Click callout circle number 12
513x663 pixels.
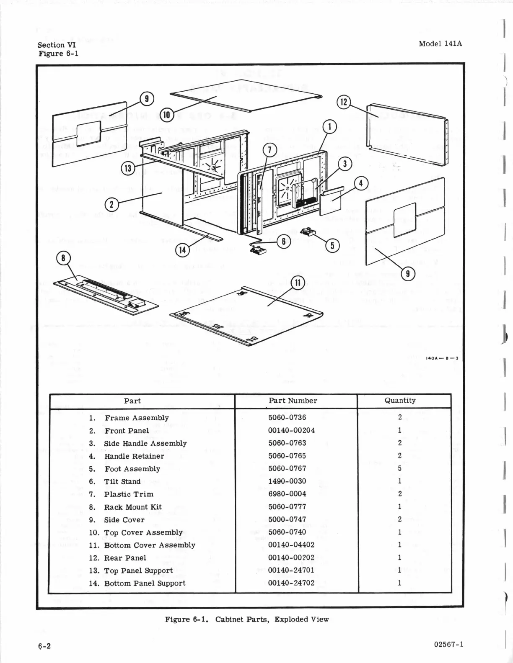point(343,102)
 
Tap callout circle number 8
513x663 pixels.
point(63,258)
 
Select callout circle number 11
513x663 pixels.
point(298,283)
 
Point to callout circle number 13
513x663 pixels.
point(127,168)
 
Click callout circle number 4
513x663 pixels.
point(361,183)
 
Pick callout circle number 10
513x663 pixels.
point(166,114)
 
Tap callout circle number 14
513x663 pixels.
point(182,250)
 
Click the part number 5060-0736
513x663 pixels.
point(287,418)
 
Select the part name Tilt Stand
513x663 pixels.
point(122,481)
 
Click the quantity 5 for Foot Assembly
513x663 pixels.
point(400,468)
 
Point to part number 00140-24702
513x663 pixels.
point(291,583)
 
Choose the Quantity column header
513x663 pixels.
point(400,401)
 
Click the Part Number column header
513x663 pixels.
point(293,401)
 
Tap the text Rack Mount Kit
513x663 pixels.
point(132,507)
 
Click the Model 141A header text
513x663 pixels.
point(440,44)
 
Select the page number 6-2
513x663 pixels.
point(44,645)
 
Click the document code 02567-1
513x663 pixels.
point(449,644)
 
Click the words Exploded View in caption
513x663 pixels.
point(301,619)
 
